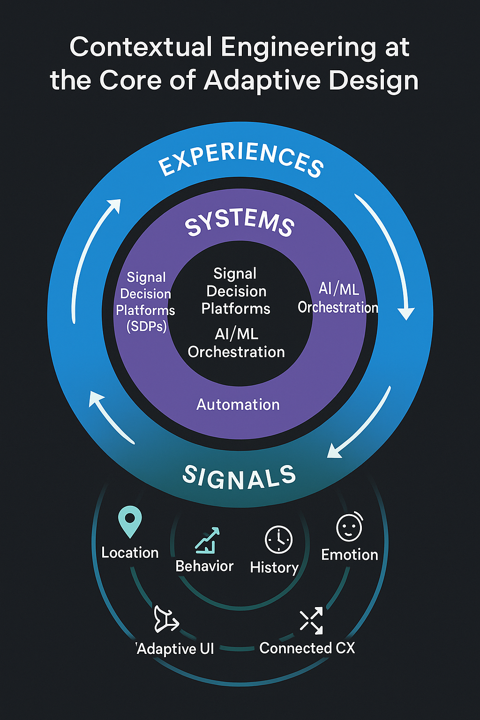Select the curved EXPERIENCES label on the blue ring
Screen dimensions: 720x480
pyautogui.click(x=241, y=160)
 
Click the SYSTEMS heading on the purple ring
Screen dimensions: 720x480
pyautogui.click(x=240, y=221)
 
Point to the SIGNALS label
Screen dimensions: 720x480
pyautogui.click(x=239, y=477)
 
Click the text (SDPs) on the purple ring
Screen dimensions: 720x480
pyautogui.click(x=147, y=326)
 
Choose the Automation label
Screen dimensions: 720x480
pyautogui.click(x=238, y=405)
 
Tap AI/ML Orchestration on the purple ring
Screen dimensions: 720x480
pyautogui.click(x=338, y=298)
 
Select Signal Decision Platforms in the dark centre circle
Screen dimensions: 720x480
pyautogui.click(x=236, y=291)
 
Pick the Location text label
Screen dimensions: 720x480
pyautogui.click(x=130, y=553)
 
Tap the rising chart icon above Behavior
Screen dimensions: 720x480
pyautogui.click(x=207, y=540)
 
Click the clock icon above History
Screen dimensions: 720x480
pyautogui.click(x=278, y=540)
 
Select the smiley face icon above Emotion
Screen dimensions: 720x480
pyautogui.click(x=349, y=527)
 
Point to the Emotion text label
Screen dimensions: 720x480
pyautogui.click(x=349, y=555)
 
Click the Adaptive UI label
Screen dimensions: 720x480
pyautogui.click(x=176, y=649)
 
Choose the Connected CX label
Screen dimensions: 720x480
pyautogui.click(x=307, y=648)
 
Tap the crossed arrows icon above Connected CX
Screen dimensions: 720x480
pyautogui.click(x=311, y=621)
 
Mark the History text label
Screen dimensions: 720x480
pyautogui.click(x=274, y=568)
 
